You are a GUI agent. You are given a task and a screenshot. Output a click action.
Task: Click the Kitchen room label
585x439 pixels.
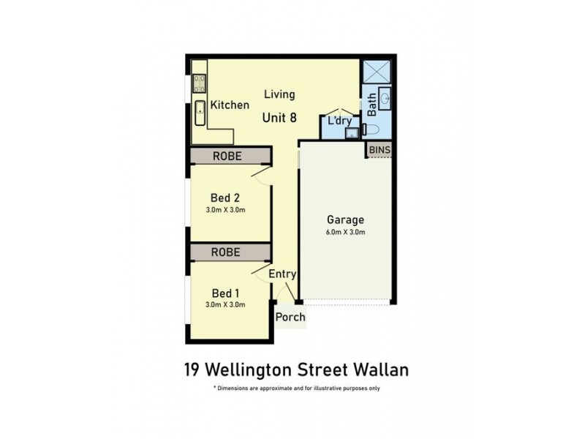point(230,105)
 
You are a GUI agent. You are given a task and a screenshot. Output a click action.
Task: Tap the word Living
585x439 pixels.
point(279,94)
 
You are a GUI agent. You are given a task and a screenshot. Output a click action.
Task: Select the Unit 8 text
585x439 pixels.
point(279,116)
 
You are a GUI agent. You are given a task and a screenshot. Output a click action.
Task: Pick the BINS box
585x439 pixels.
point(380,150)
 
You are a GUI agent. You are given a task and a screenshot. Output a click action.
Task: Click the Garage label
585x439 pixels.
point(346,219)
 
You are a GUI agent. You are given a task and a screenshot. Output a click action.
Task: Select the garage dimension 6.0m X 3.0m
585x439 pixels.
point(346,232)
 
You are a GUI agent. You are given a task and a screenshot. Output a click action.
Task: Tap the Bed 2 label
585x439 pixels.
point(225,198)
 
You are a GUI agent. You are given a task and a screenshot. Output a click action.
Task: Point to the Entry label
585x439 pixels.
point(282,274)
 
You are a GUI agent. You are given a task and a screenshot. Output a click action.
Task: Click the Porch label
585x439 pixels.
point(290,318)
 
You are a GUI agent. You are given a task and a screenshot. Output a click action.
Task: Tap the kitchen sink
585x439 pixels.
point(198,112)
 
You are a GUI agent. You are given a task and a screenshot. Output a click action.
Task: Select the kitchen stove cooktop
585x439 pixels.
point(198,82)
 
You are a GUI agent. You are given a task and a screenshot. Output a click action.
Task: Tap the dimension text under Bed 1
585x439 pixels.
point(225,304)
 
